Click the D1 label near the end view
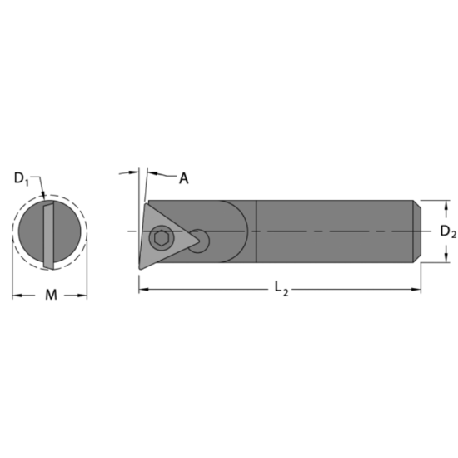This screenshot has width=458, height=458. click(22, 177)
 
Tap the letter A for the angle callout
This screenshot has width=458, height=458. click(183, 177)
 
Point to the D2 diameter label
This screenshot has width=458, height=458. click(447, 231)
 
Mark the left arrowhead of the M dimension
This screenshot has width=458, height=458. click(15, 295)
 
